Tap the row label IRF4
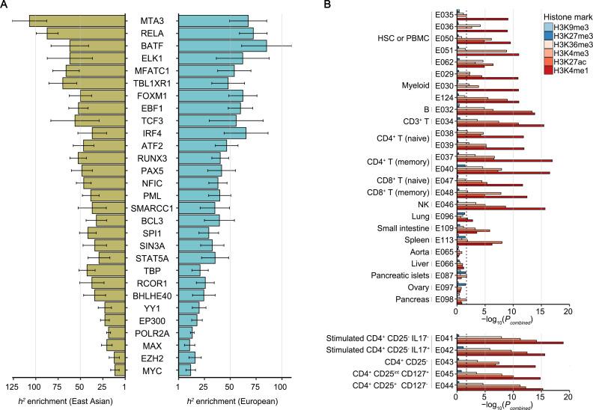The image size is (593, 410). coord(153,132)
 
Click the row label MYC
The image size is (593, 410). coord(153,370)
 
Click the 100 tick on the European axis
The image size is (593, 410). coord(280,387)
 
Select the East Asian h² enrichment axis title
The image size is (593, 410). coord(66,403)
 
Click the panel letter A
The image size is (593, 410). coord(5,6)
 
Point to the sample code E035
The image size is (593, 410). coord(445,14)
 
